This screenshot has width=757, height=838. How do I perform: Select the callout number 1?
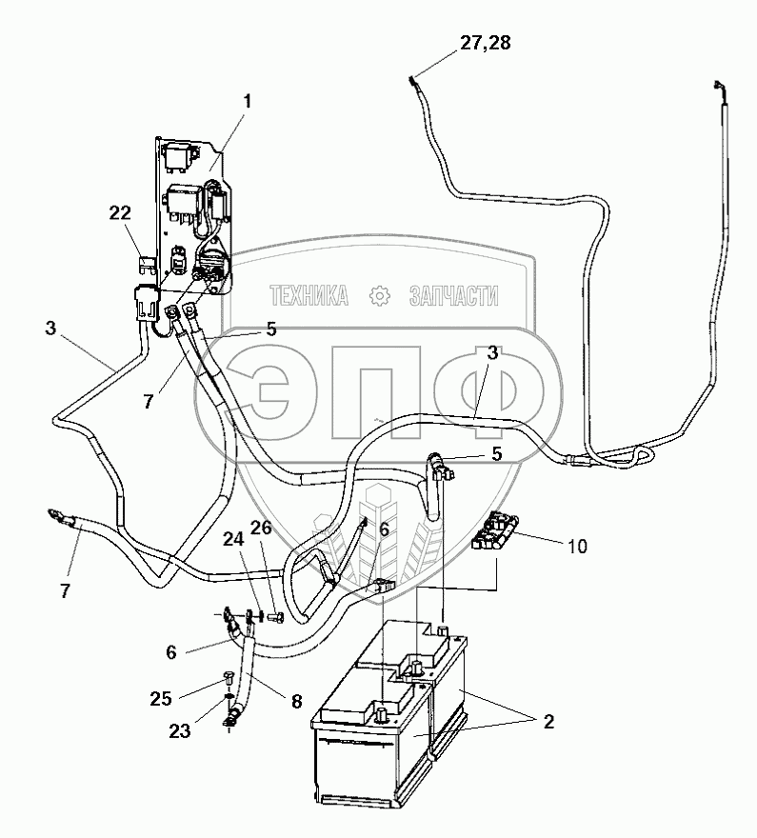[x=247, y=98]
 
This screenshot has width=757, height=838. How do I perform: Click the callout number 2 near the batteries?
[x=548, y=722]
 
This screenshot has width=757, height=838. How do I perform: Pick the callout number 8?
[x=297, y=702]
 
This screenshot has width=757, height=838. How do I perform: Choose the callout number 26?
[x=262, y=528]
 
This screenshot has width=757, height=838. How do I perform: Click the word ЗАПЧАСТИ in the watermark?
[x=452, y=296]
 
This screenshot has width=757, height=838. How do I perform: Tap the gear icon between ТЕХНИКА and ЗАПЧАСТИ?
[x=379, y=296]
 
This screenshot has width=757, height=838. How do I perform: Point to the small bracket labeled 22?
[x=147, y=261]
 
